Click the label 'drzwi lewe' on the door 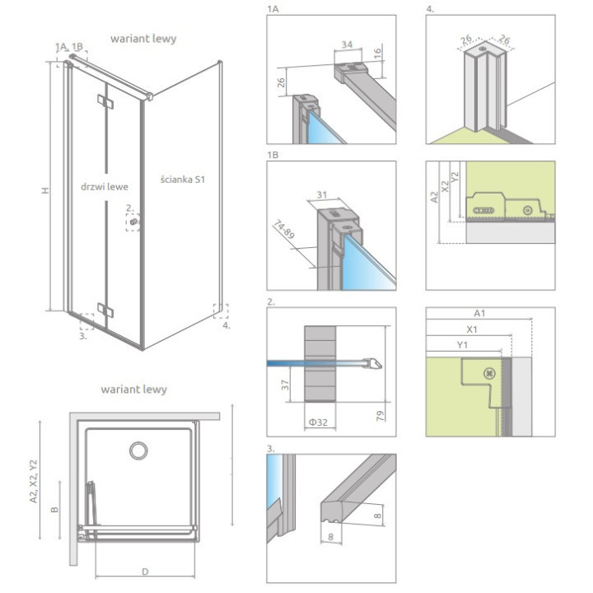105,186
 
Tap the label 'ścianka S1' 182,180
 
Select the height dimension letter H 46,190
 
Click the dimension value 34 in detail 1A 347,44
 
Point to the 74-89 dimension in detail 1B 283,229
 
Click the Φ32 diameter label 319,422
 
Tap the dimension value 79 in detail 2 381,416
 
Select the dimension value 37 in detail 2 286,385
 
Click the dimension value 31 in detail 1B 321,194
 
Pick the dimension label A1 479,313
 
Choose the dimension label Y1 463,345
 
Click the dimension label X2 445,186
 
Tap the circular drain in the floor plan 138,451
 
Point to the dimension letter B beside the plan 55,510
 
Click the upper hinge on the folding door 105,101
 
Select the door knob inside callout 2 133,222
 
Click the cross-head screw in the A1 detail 489,374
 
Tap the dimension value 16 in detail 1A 377,51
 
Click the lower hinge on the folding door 105,310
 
